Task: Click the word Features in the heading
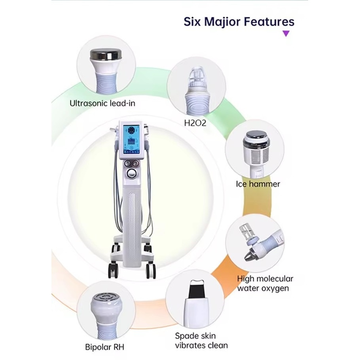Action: tap(269, 22)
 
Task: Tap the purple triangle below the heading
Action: tap(286, 34)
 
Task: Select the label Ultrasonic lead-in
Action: tap(102, 103)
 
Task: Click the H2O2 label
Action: tap(195, 123)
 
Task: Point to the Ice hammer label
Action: tap(258, 184)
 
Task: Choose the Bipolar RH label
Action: tap(105, 347)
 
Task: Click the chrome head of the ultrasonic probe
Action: tap(106, 55)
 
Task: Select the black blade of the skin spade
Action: tap(196, 289)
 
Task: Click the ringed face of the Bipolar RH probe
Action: tap(106, 297)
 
